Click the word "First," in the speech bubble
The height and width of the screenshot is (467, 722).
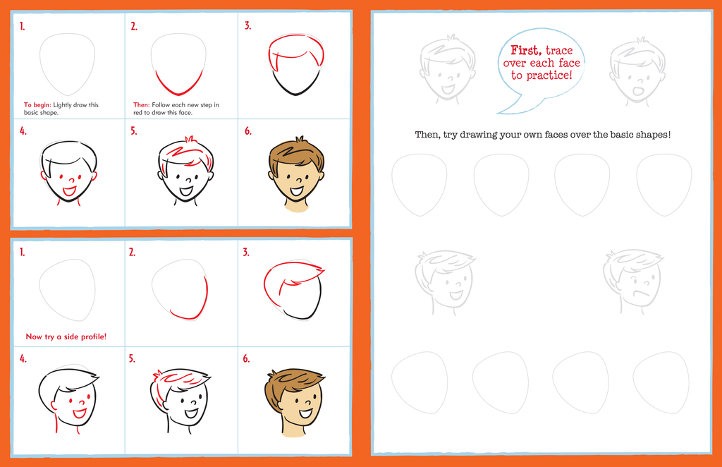[x=526, y=50]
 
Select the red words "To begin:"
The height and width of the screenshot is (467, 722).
[x=37, y=105]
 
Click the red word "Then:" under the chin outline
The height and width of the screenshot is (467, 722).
[x=141, y=105]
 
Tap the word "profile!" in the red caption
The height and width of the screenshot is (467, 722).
[x=94, y=336]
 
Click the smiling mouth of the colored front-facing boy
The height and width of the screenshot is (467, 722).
[x=297, y=190]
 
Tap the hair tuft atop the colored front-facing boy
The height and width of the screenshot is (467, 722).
[x=300, y=139]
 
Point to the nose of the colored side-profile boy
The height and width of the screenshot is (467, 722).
[x=310, y=403]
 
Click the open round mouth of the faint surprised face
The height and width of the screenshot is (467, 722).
[x=638, y=91]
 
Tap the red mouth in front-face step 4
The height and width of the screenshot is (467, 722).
[x=69, y=190]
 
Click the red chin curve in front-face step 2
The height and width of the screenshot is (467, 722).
[x=179, y=84]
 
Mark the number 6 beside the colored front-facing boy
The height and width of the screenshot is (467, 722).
[x=247, y=131]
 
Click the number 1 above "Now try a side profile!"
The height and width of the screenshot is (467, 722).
[x=22, y=252]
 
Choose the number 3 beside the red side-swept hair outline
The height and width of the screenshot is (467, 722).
[x=246, y=253]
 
